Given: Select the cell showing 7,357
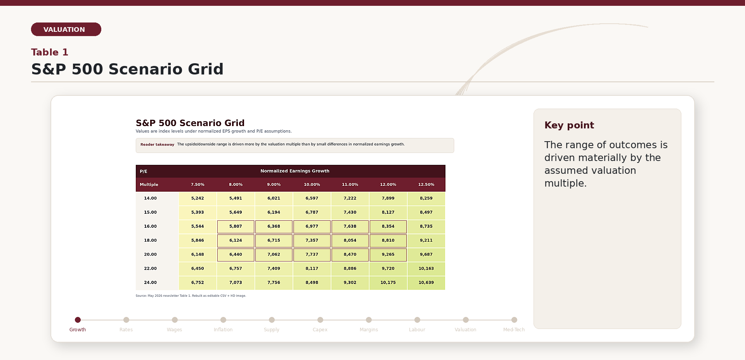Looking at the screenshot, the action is tap(312, 241).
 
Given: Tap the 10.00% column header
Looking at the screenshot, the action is tap(312, 185).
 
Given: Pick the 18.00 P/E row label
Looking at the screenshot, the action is tap(151, 241).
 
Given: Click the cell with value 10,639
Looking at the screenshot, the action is tap(426, 283).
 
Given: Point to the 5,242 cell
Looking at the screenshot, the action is tap(198, 198).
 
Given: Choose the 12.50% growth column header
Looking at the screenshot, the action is tap(426, 185).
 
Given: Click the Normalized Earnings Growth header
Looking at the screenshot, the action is tap(295, 171).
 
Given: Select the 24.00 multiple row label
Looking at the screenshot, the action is tap(151, 283).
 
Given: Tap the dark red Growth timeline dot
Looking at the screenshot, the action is tap(78, 320).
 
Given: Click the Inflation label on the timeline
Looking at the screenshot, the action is tap(223, 330).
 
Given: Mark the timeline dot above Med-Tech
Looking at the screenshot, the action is tap(514, 320).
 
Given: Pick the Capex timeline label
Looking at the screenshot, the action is tap(320, 330).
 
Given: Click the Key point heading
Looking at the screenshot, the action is tap(569, 125).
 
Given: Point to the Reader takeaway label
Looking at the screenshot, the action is tap(157, 145).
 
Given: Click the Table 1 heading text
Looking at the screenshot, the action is tap(50, 52).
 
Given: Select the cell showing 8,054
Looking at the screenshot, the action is tap(350, 241).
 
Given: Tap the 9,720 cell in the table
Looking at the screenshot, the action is tap(388, 268).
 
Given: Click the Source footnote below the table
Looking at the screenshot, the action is tap(191, 296).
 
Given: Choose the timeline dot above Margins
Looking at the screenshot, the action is tap(369, 320).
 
